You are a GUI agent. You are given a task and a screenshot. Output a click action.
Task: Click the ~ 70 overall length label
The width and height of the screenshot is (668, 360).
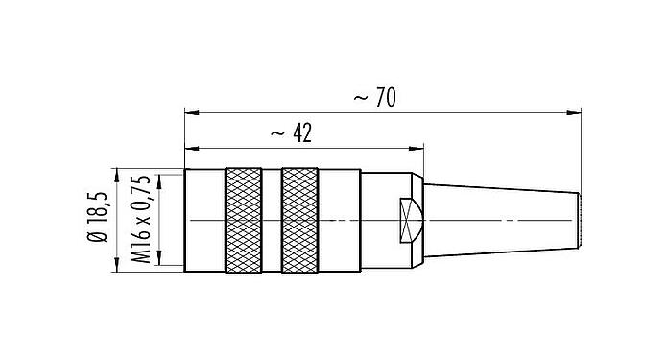click(x=374, y=98)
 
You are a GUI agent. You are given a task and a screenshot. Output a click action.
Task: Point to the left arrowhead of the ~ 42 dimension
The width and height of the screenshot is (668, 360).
click(x=188, y=149)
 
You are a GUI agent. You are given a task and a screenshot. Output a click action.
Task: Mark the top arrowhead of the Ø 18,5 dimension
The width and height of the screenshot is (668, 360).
click(x=116, y=173)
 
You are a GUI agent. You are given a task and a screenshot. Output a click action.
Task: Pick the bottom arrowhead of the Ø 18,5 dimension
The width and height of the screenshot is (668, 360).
click(x=116, y=269)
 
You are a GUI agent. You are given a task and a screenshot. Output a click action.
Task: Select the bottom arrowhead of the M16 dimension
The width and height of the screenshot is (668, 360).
click(x=159, y=265)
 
